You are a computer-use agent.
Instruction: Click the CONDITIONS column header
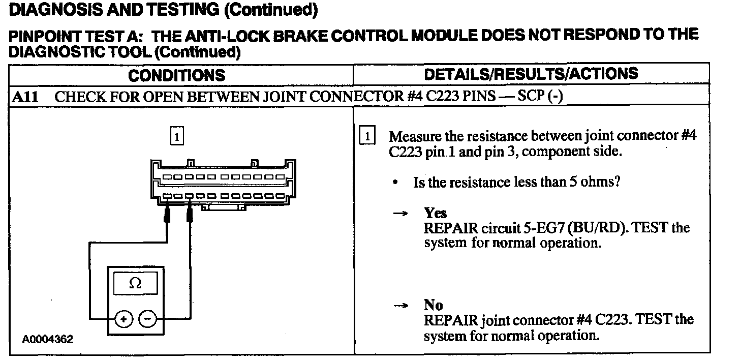[176, 76]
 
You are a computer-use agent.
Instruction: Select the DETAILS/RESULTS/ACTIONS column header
[531, 74]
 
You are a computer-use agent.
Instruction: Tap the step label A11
[25, 97]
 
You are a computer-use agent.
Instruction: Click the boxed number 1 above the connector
[176, 136]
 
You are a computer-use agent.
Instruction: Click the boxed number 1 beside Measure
[367, 136]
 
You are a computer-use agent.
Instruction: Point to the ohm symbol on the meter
[135, 284]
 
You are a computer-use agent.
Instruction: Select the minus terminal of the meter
[147, 319]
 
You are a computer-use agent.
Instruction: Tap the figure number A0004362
[47, 339]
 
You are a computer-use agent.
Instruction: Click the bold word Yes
[436, 213]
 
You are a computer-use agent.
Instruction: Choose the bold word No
[434, 305]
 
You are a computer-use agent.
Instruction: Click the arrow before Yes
[401, 214]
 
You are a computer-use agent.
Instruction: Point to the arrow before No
[401, 306]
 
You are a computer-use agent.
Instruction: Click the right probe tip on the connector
[190, 214]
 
